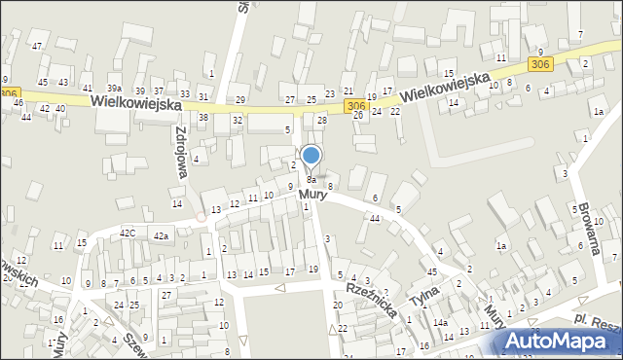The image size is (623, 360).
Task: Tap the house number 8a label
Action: point(311,180)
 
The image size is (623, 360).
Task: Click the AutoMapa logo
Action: point(561,341)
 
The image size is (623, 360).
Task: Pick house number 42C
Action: point(128,234)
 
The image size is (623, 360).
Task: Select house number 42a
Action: point(160,236)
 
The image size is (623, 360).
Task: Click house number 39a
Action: point(115,90)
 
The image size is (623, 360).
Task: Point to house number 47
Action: point(37,47)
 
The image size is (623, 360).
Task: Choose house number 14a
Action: point(440,323)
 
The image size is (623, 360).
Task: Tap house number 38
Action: point(203,117)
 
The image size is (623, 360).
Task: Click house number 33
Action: point(184,93)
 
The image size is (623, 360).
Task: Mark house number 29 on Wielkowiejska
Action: point(240,100)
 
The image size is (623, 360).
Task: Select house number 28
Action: point(322,120)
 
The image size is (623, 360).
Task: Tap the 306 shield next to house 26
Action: point(355,105)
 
